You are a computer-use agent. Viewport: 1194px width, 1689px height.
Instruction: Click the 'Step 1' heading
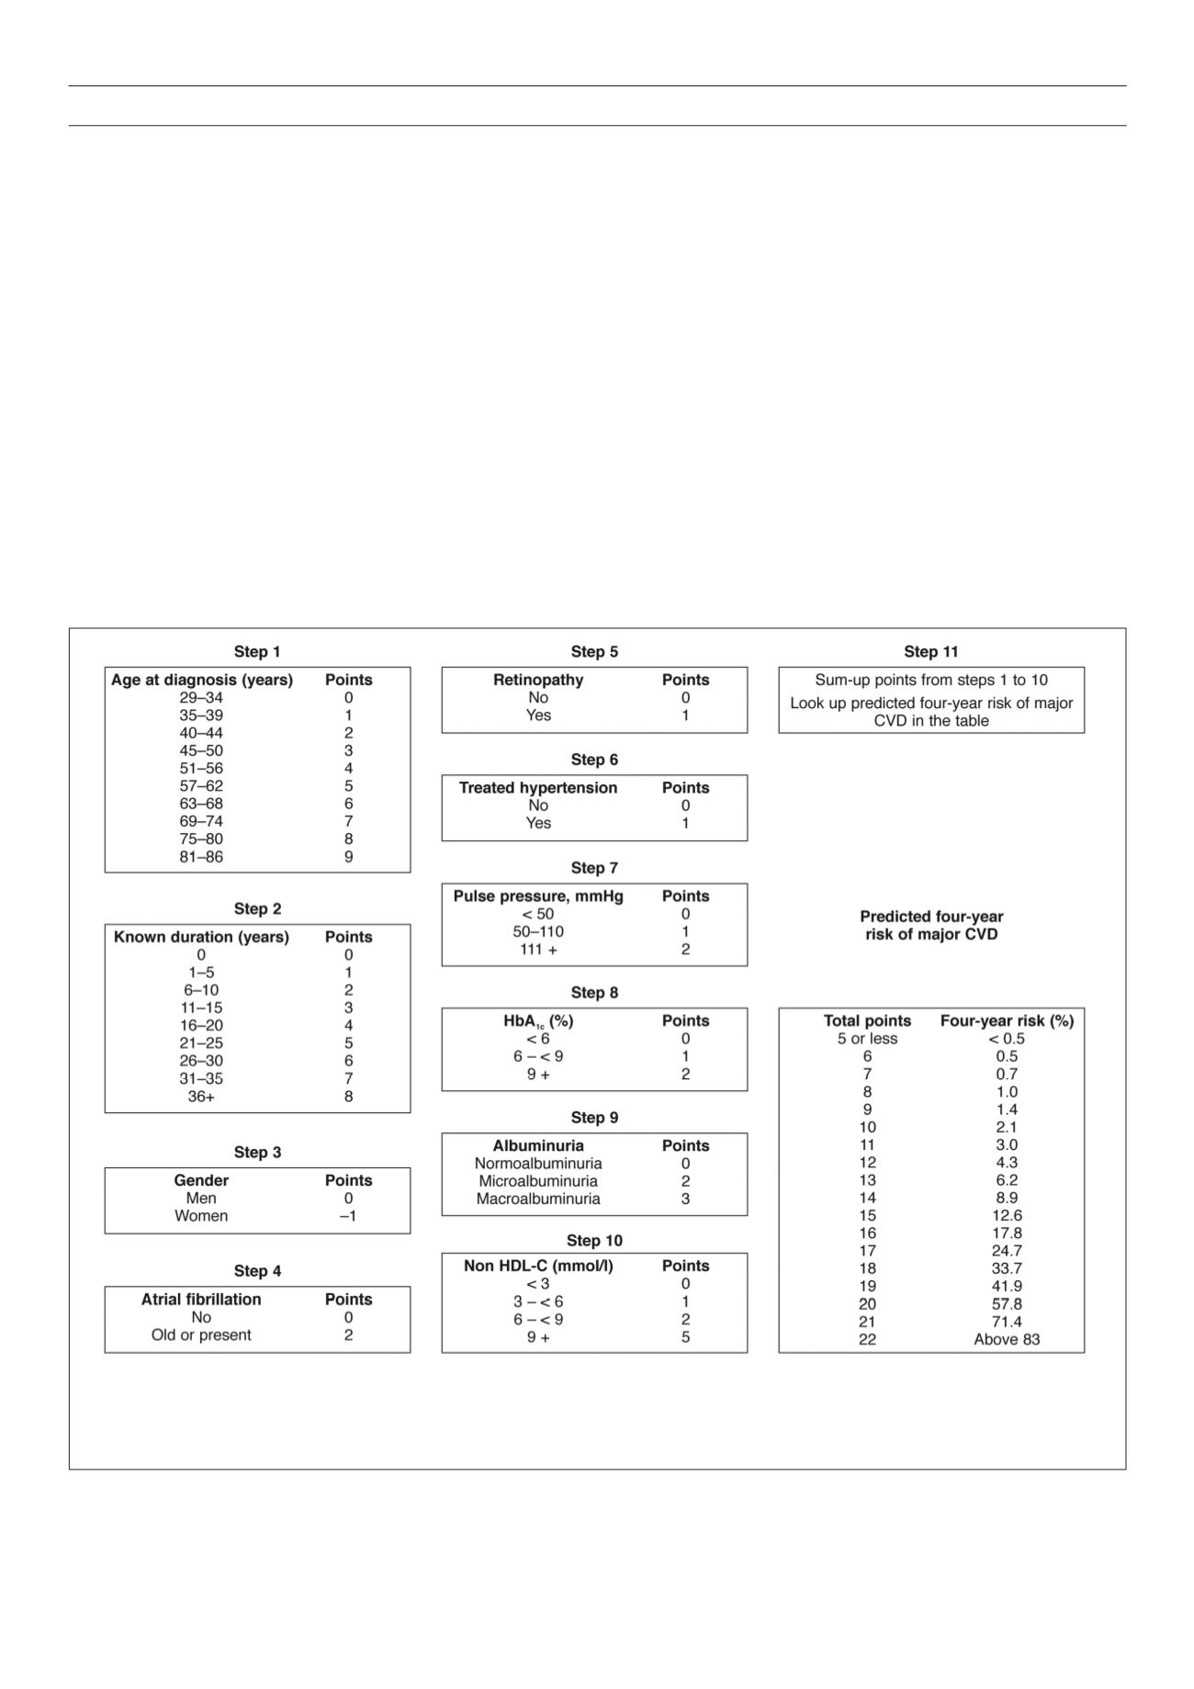click(x=257, y=652)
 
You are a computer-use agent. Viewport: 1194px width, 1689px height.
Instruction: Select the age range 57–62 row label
click(x=201, y=786)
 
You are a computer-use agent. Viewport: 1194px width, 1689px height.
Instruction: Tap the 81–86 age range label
click(x=201, y=857)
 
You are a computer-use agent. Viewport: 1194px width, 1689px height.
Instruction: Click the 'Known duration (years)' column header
click(x=201, y=937)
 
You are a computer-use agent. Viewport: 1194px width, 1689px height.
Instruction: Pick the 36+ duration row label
click(x=201, y=1097)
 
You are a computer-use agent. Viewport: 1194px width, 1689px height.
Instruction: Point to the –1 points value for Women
click(x=348, y=1216)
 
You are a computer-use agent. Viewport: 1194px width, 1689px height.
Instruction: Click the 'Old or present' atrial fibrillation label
click(x=201, y=1335)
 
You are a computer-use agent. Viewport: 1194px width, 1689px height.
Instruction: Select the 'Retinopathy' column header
click(x=538, y=680)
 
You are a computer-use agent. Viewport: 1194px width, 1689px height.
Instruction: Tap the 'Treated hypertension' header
click(x=538, y=788)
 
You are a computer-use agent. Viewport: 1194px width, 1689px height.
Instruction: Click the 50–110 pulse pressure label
click(x=538, y=931)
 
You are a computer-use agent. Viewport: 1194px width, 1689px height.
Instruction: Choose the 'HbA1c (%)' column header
click(x=538, y=1021)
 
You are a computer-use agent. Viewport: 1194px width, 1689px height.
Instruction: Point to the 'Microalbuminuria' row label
click(x=538, y=1181)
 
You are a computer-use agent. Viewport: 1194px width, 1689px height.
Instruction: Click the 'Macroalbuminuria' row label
click(x=538, y=1199)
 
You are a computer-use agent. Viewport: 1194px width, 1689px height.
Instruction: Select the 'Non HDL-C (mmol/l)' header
click(x=538, y=1266)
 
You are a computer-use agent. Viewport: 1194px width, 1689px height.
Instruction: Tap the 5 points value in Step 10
click(x=685, y=1337)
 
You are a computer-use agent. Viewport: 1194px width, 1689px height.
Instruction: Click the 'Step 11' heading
click(x=931, y=652)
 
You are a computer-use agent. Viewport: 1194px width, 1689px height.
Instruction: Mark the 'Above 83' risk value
click(x=1007, y=1339)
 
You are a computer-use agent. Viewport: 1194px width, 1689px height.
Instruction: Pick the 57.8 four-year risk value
click(x=1007, y=1304)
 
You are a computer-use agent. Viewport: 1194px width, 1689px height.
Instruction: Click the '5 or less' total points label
click(x=867, y=1039)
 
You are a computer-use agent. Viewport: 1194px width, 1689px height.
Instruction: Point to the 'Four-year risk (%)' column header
click(x=1007, y=1021)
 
